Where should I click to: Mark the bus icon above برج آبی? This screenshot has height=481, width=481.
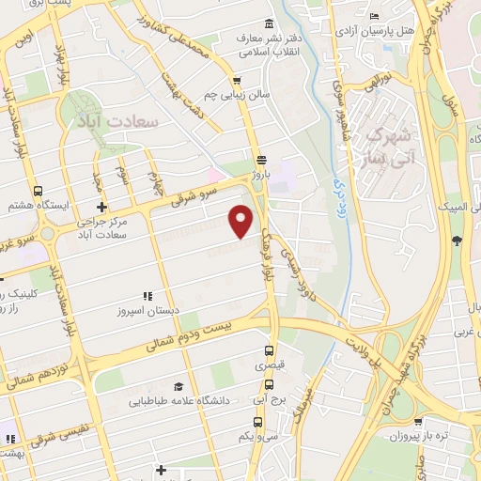[271, 383]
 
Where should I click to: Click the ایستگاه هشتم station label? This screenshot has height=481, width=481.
[35, 206]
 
